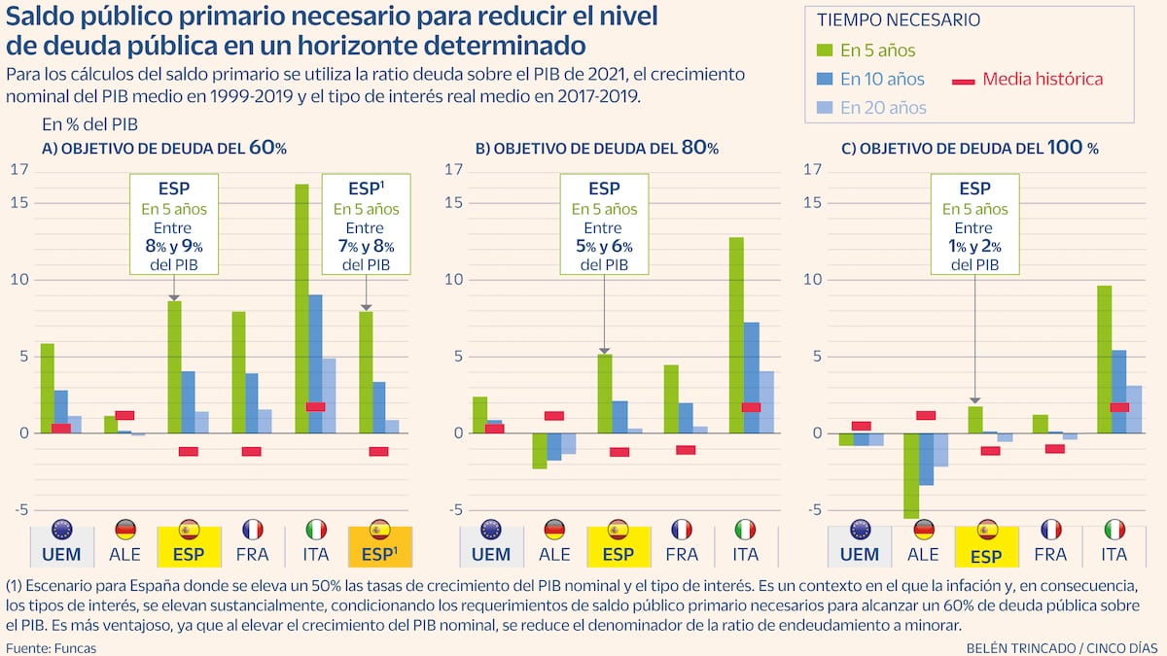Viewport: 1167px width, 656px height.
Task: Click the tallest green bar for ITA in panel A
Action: (301, 308)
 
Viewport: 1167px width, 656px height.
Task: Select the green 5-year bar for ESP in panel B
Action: (604, 394)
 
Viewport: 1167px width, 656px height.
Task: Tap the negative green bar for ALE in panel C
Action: (911, 475)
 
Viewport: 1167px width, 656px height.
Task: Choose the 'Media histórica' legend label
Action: (1043, 80)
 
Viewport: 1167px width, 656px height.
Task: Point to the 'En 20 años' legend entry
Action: (882, 108)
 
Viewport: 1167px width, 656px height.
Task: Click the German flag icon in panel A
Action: (125, 530)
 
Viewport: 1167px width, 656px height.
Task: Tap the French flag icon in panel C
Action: (1050, 530)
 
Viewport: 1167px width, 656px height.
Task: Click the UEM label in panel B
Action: (491, 555)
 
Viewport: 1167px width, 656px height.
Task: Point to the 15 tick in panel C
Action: (815, 202)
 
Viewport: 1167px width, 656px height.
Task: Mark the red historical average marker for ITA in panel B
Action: (750, 407)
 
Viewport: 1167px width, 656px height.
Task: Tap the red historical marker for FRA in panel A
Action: (252, 451)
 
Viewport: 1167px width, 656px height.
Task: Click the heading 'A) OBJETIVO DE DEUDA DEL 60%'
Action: (163, 149)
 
